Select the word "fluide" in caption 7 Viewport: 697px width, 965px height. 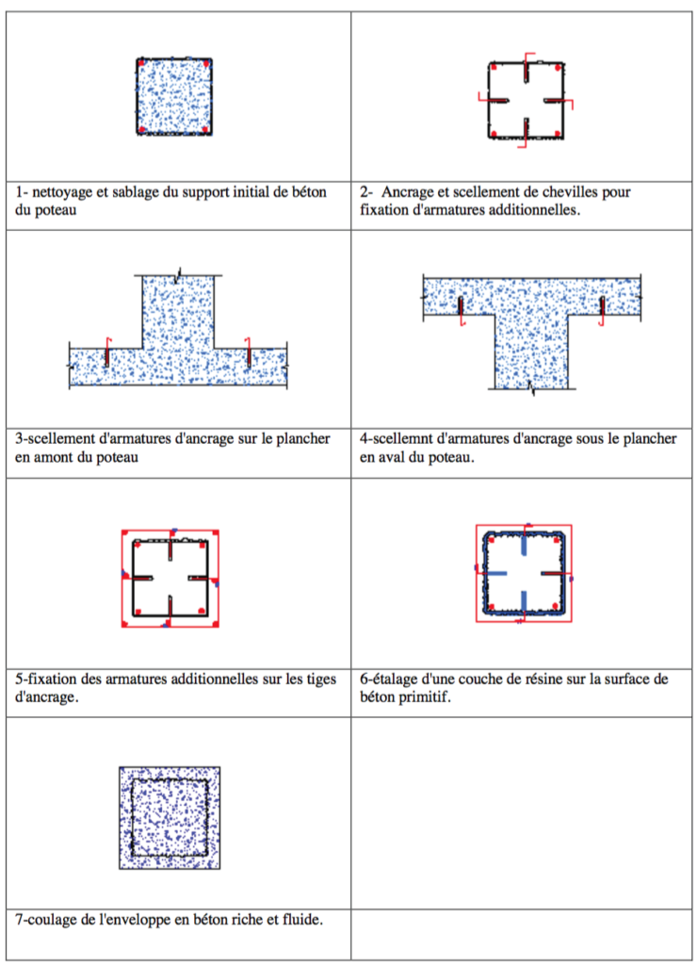pyautogui.click(x=300, y=919)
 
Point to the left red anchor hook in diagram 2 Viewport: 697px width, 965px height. pyautogui.click(x=488, y=98)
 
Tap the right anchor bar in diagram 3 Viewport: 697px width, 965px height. pyautogui.click(x=248, y=354)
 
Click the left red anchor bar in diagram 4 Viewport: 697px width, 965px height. pyautogui.click(x=461, y=309)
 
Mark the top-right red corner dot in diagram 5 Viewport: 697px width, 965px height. pyautogui.click(x=216, y=533)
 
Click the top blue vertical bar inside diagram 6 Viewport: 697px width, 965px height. pyautogui.click(x=524, y=549)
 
